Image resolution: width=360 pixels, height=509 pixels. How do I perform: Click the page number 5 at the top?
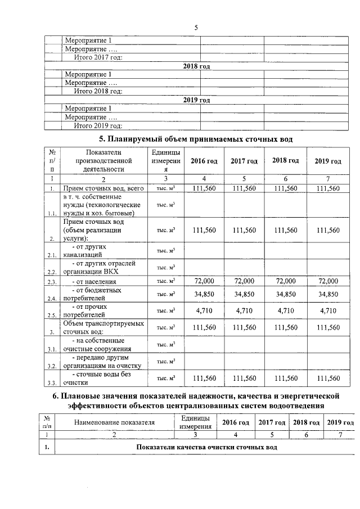pyautogui.click(x=196, y=28)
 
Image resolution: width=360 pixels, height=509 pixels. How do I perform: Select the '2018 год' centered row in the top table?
pyautogui.click(x=196, y=66)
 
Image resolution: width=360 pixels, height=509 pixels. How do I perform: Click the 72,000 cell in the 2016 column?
pyautogui.click(x=204, y=281)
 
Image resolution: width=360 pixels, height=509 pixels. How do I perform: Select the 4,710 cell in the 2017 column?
pyautogui.click(x=244, y=310)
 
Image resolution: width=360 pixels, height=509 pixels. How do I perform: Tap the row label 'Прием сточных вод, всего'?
pyautogui.click(x=103, y=188)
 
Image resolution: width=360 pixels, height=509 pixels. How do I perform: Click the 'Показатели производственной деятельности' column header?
pyautogui.click(x=102, y=160)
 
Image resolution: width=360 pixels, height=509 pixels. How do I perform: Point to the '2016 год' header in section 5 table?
pyautogui.click(x=204, y=161)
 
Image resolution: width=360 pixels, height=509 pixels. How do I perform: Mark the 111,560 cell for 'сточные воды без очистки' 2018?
pyautogui.click(x=285, y=379)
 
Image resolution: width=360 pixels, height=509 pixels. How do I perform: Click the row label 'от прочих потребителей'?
pyautogui.click(x=93, y=311)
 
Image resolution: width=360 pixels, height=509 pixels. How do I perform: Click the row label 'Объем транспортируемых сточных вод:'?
pyautogui.click(x=103, y=327)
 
